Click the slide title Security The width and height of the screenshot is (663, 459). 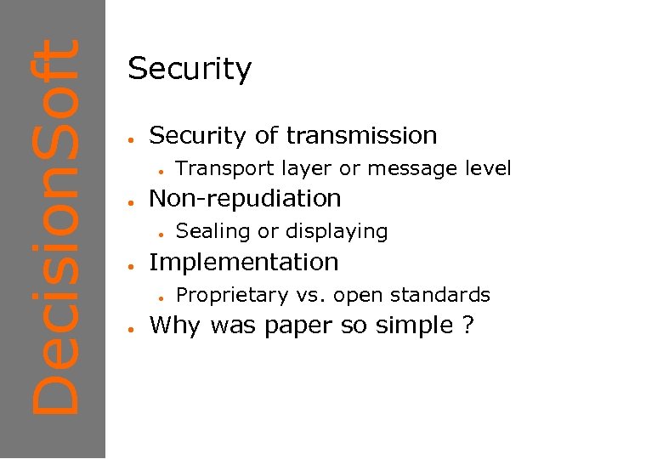[x=190, y=69]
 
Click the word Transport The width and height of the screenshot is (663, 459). [x=218, y=168]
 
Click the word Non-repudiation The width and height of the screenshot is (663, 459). [x=245, y=198]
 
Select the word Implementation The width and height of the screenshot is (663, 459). [x=243, y=262]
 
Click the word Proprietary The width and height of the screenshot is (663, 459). [x=230, y=295]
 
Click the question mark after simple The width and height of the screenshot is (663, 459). [x=468, y=326]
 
